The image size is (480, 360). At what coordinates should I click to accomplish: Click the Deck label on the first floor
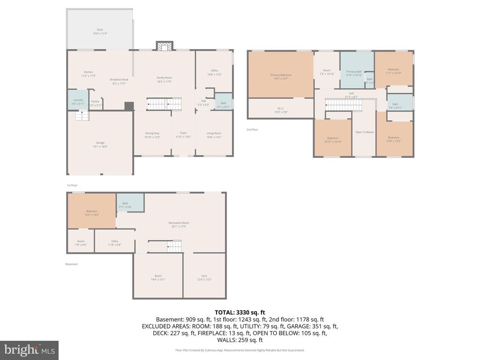[100, 31]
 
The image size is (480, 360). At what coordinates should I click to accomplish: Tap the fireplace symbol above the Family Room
[164, 46]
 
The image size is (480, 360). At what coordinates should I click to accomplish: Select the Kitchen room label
[89, 74]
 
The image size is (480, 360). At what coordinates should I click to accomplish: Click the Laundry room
[78, 100]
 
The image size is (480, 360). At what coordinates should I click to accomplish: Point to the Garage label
[100, 144]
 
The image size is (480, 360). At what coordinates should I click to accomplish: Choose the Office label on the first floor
[214, 72]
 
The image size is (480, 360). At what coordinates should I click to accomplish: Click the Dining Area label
[152, 135]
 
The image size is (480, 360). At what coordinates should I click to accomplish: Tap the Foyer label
[183, 135]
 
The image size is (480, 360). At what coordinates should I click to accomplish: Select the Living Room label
[214, 135]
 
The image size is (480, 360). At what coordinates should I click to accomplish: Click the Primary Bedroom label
[281, 76]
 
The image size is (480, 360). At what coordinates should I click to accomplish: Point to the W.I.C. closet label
[281, 110]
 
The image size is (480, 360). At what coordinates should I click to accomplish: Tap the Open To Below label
[364, 132]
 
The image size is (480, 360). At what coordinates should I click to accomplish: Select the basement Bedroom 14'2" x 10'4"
[92, 212]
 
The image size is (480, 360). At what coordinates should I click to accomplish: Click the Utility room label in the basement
[115, 242]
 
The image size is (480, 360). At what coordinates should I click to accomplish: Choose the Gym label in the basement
[204, 277]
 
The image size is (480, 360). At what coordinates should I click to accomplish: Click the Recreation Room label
[179, 225]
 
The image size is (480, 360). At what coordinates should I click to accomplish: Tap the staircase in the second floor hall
[344, 105]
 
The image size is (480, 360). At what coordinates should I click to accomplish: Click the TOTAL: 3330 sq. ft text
[240, 312]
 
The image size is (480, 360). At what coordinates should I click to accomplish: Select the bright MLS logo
[29, 350]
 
